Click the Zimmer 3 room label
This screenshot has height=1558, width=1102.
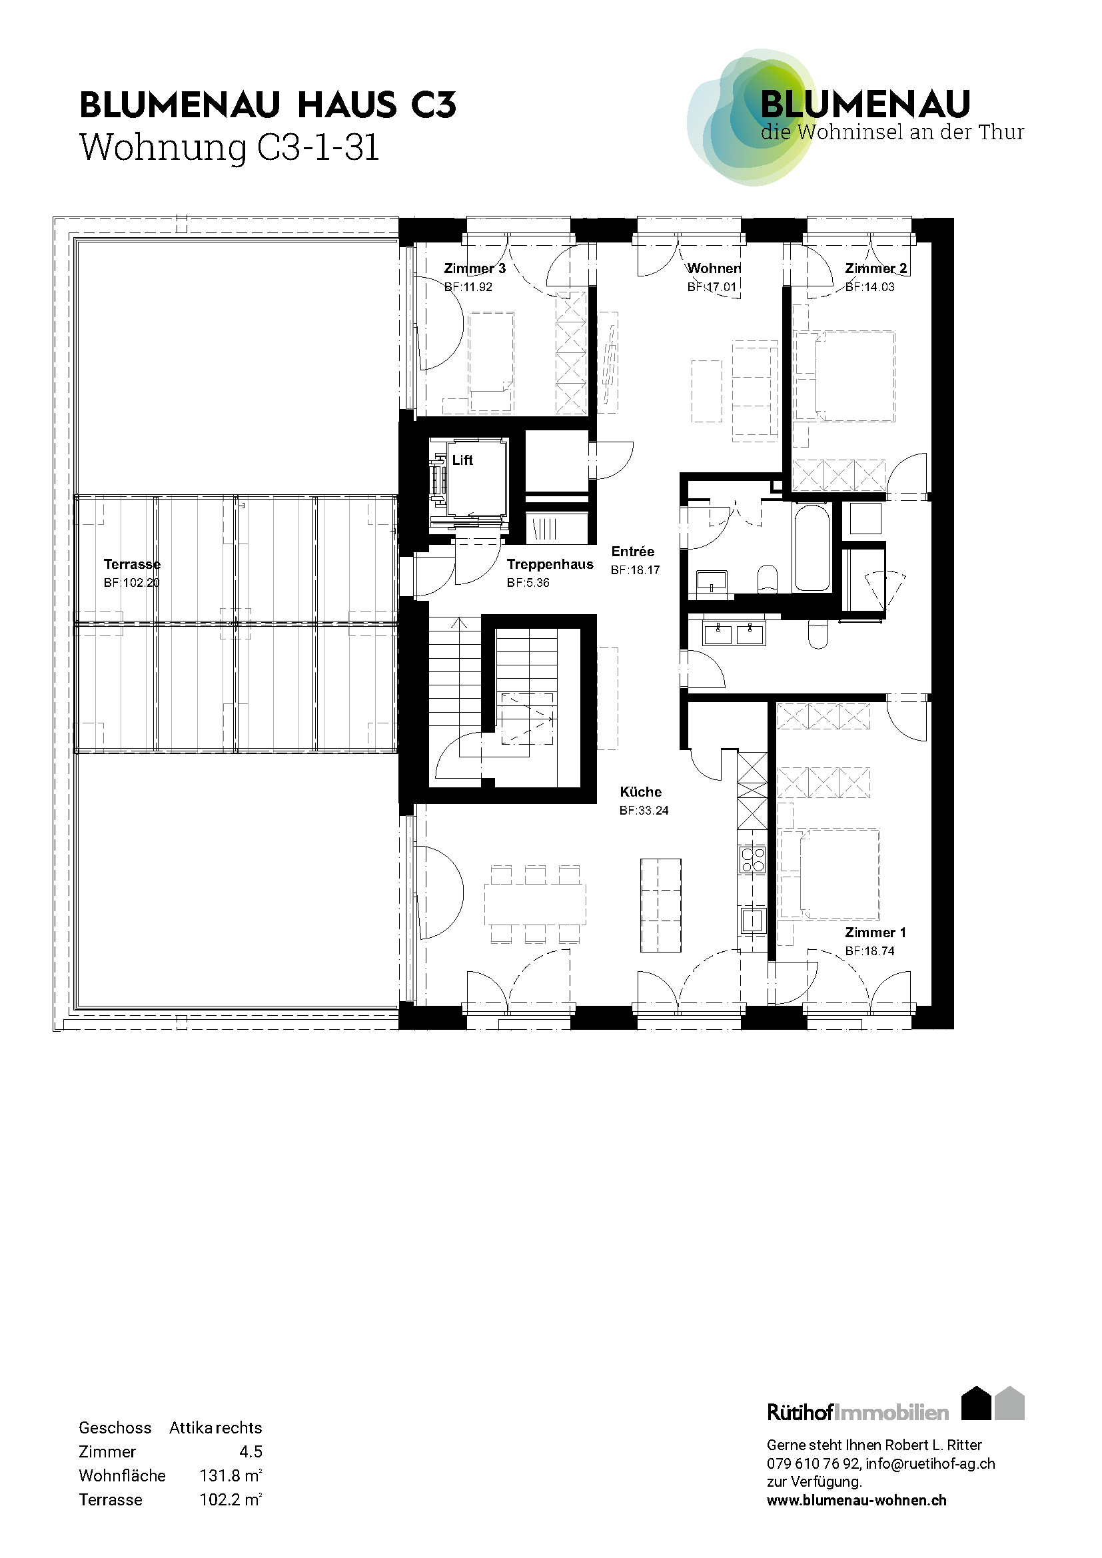tap(474, 268)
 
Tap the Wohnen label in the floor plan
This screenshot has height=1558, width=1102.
tap(714, 268)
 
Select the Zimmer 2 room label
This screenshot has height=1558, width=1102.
tap(875, 268)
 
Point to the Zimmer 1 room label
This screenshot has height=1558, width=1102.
tap(875, 933)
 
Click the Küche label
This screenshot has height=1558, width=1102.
tap(640, 792)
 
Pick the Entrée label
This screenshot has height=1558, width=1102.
tap(632, 552)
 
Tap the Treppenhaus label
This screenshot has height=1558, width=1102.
tap(550, 564)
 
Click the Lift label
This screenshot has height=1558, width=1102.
tap(462, 460)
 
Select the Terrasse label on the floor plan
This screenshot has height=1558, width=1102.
tap(133, 564)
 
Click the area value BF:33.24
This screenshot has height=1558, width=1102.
tap(644, 810)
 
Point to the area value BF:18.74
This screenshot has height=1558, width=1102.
tap(870, 951)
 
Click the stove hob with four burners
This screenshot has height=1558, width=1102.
tap(752, 859)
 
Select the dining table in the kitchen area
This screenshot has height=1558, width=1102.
tap(536, 904)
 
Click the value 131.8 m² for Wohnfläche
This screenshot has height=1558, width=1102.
tap(231, 1475)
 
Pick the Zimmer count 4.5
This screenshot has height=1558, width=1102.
tap(251, 1451)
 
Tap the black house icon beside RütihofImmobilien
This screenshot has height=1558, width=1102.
tap(977, 1403)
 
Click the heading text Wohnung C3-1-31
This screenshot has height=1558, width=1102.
tap(229, 147)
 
